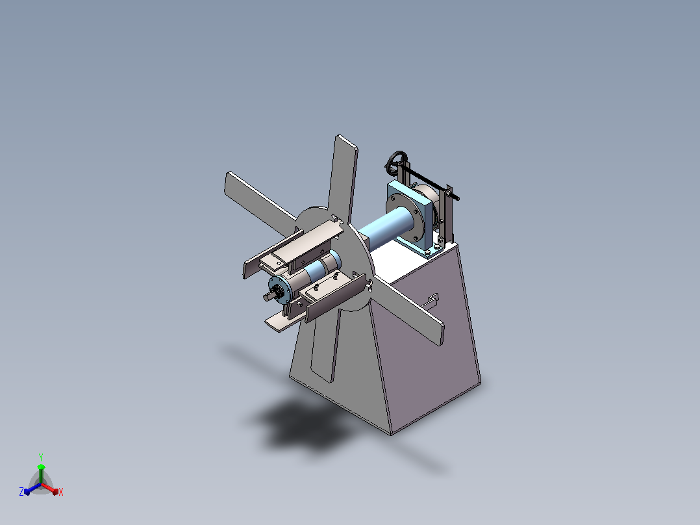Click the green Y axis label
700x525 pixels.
41,457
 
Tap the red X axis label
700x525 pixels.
61,492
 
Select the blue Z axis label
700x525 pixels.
21,491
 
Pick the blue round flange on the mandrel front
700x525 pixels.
279,290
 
